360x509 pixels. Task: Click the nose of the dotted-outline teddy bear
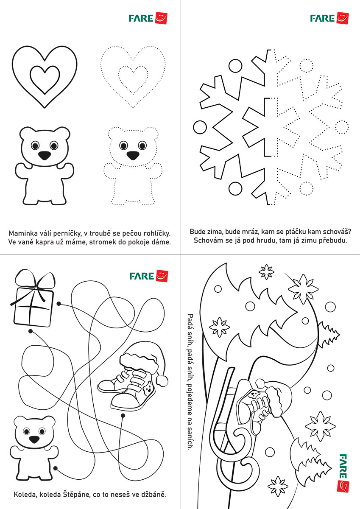click(x=133, y=155)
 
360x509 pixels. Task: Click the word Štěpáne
click(x=78, y=495)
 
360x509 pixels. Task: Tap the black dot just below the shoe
click(x=123, y=416)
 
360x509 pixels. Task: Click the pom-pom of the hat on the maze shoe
click(x=162, y=380)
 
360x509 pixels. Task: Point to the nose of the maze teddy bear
click(x=34, y=439)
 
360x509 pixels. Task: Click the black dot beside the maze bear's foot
click(x=55, y=468)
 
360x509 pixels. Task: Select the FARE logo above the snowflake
click(x=329, y=18)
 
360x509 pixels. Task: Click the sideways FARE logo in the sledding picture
click(x=343, y=473)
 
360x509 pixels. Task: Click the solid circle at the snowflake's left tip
click(x=200, y=127)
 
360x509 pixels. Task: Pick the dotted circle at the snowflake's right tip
click(x=342, y=127)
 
